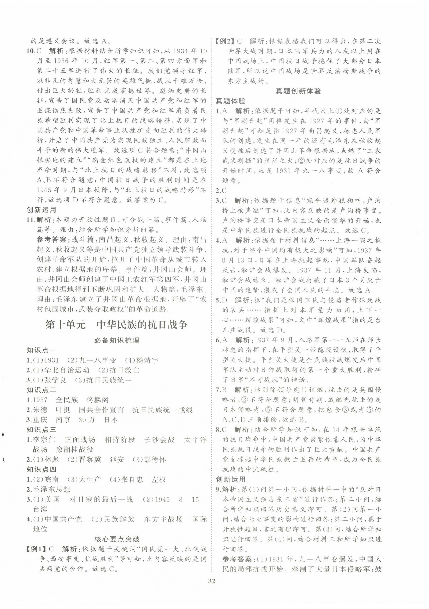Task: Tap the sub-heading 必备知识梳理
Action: point(117,340)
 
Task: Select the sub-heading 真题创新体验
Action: point(298,91)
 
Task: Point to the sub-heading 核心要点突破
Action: point(117,539)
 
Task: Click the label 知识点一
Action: point(41,350)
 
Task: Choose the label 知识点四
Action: point(41,469)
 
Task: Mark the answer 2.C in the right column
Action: point(221,191)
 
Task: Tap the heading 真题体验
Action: point(230,101)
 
